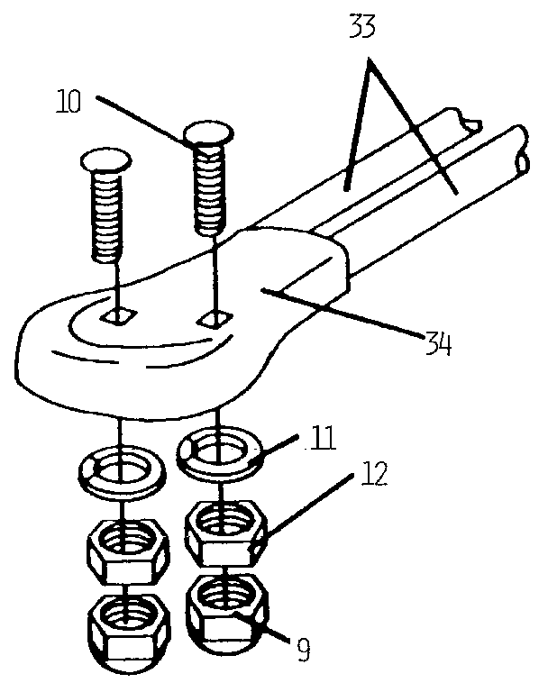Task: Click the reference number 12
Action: [373, 475]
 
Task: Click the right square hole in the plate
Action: [214, 318]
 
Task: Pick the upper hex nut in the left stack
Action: [126, 546]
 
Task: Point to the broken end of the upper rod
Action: [468, 119]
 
